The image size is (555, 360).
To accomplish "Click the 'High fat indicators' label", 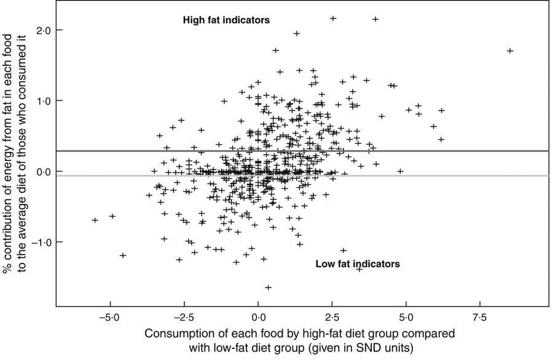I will click(x=227, y=20).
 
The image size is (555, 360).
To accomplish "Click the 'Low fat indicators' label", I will click(x=358, y=264).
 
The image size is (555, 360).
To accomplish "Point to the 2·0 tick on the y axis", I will click(x=44, y=29).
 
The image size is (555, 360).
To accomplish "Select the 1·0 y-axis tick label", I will click(x=44, y=101).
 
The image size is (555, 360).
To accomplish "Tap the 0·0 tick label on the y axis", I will click(x=44, y=171).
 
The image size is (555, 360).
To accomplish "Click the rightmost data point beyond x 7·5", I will click(x=510, y=50).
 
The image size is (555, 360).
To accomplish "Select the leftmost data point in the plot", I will click(x=95, y=219).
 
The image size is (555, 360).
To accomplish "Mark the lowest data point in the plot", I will click(x=268, y=287).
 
